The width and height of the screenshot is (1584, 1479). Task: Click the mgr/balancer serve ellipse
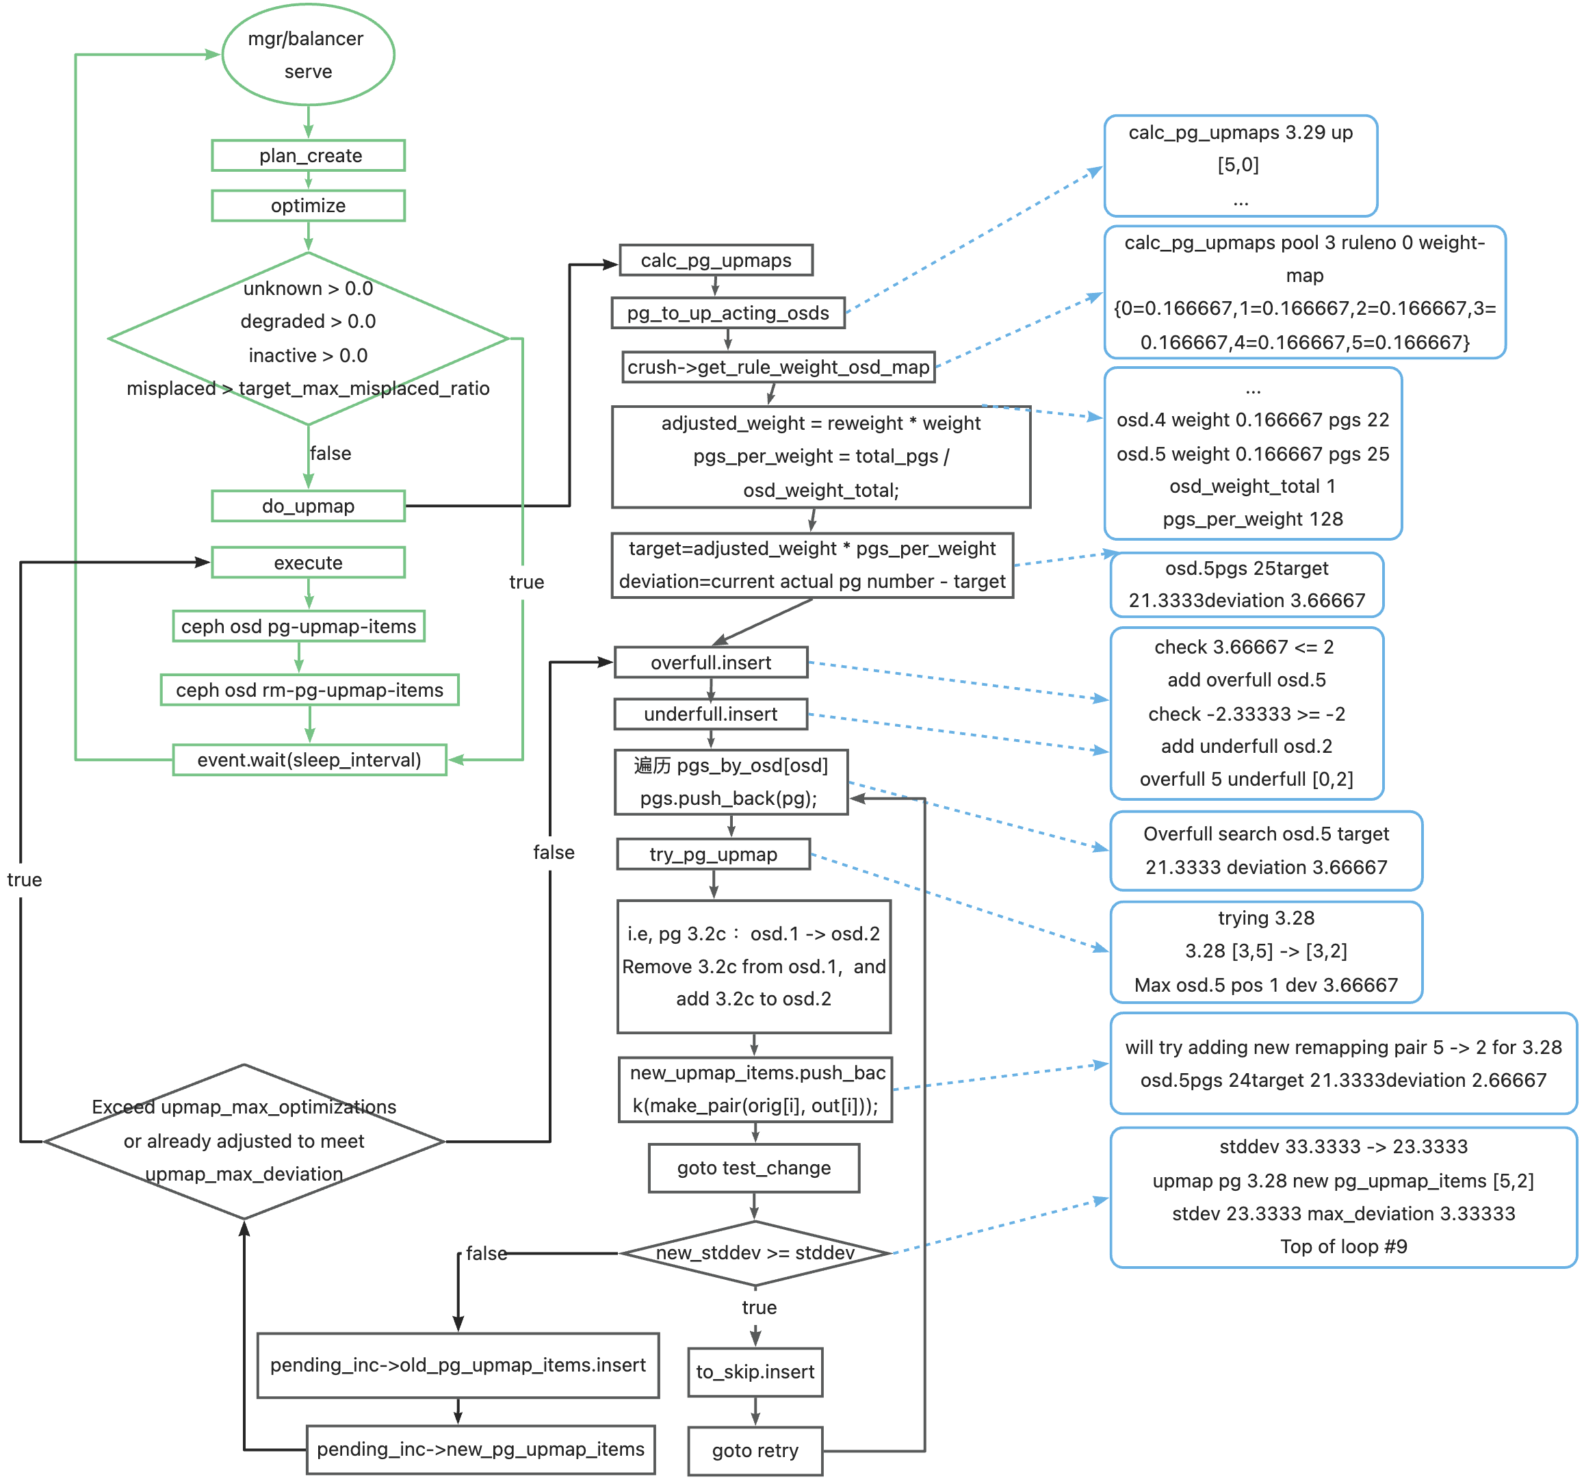(x=309, y=54)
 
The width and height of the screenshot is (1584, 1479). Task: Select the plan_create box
(x=309, y=155)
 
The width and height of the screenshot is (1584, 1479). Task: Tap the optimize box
(x=309, y=205)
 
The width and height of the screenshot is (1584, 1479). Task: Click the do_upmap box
(x=309, y=506)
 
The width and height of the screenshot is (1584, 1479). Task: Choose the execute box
(x=309, y=563)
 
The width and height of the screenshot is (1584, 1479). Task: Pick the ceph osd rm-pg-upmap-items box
(x=310, y=690)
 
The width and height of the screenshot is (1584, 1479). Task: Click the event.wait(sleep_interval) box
(x=310, y=760)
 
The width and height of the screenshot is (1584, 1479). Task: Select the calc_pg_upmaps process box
(x=716, y=261)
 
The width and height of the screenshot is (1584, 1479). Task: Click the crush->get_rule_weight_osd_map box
(x=779, y=368)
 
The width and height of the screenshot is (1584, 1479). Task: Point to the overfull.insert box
(x=712, y=663)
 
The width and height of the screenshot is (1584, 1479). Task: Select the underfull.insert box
(x=712, y=714)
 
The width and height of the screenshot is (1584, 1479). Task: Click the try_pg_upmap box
(x=714, y=854)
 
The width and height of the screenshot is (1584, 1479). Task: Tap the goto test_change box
(x=755, y=1168)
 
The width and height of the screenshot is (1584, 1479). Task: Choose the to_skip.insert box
(x=755, y=1372)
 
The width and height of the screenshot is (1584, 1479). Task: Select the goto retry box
(x=755, y=1451)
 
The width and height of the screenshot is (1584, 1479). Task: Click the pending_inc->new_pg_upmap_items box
(x=481, y=1450)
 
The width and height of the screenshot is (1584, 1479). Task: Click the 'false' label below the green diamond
(x=330, y=454)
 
